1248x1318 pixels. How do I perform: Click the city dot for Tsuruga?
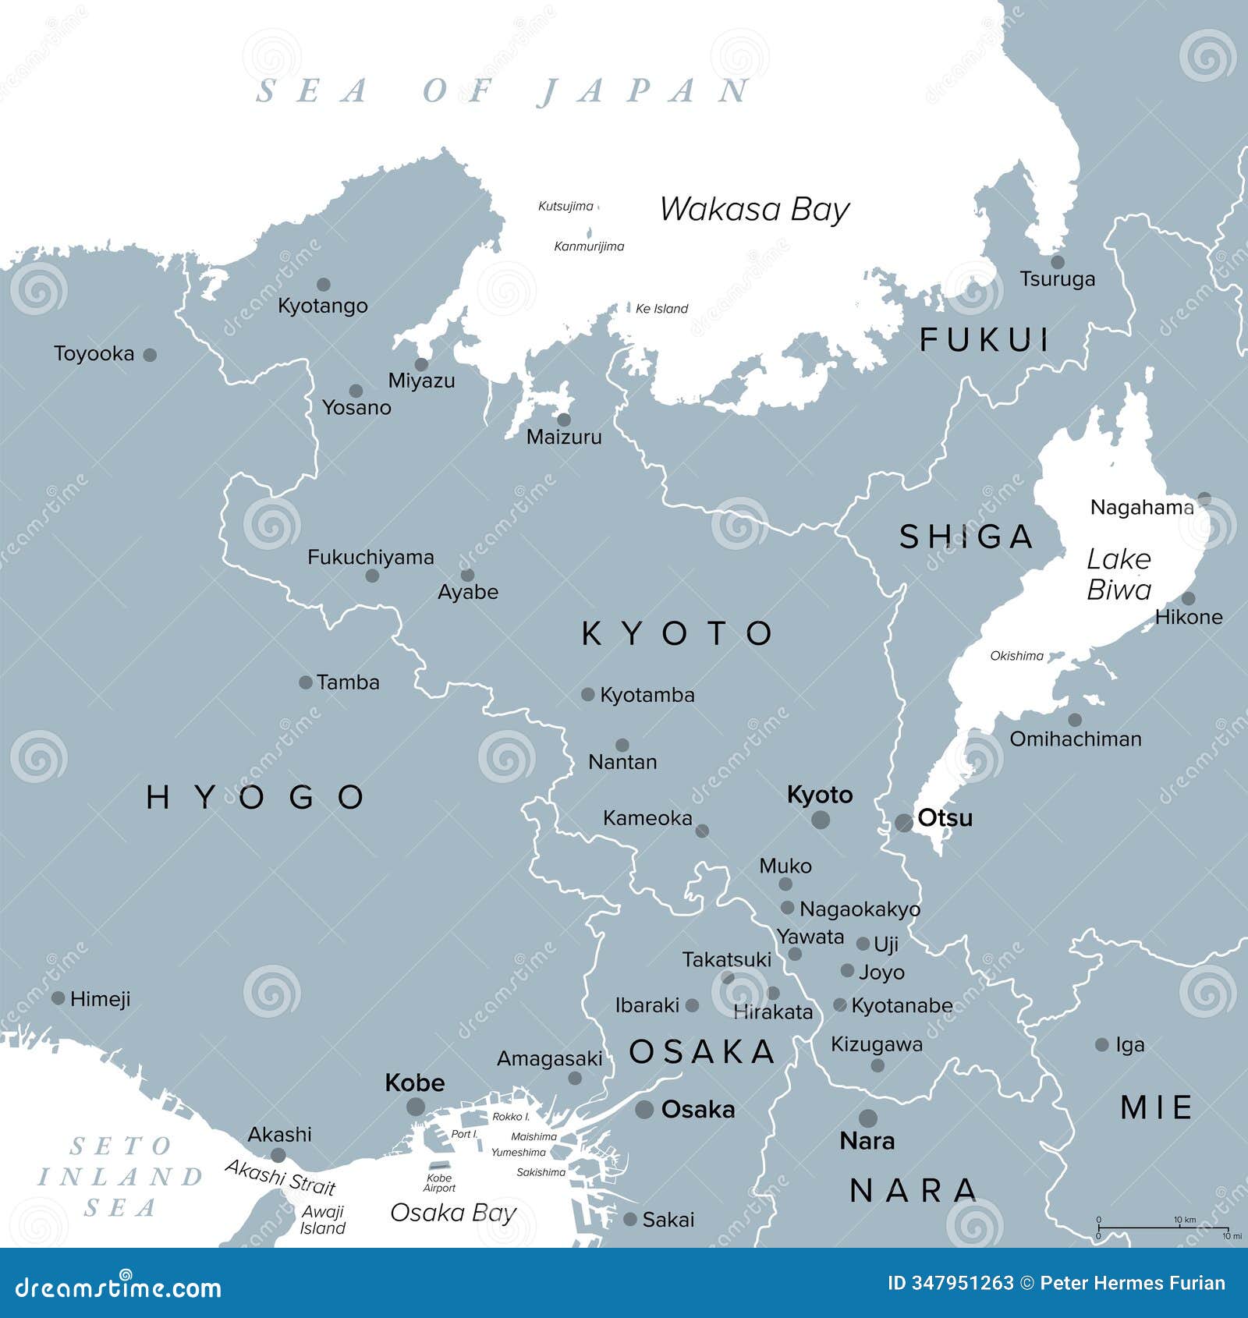1057,262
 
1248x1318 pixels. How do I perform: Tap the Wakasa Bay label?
753,210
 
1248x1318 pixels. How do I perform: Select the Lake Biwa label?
1119,574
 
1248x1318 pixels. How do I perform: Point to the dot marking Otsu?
903,823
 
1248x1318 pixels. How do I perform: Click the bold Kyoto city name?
819,795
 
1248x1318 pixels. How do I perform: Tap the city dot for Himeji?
58,998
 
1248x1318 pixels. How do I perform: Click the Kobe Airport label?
439,1183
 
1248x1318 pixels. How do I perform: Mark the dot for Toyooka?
150,355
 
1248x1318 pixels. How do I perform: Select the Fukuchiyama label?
370,558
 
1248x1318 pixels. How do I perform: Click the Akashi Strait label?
280,1178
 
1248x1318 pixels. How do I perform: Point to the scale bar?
1162,1228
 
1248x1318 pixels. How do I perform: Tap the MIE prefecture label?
1156,1107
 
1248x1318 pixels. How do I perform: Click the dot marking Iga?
1101,1044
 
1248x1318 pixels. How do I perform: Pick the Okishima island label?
1016,656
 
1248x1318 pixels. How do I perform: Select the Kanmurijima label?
589,246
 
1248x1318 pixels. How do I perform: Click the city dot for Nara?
867,1118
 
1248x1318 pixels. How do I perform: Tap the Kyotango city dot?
323,285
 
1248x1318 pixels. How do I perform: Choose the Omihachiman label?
1075,739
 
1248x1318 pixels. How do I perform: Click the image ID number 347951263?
961,1283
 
